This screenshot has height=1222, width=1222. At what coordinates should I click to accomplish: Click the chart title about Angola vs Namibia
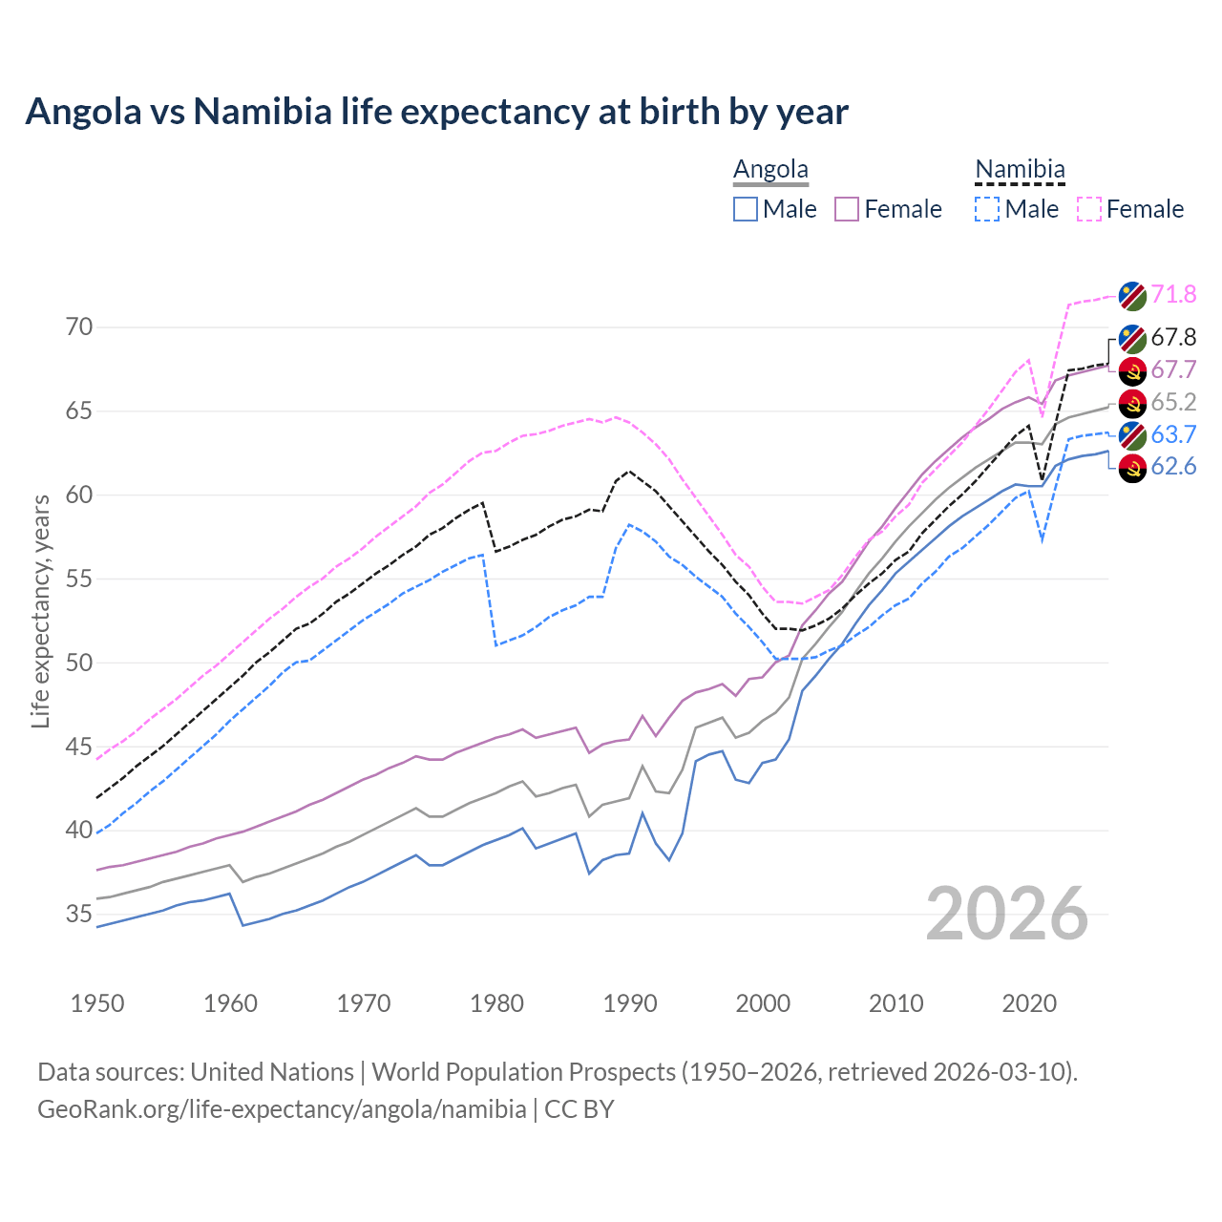[x=436, y=112]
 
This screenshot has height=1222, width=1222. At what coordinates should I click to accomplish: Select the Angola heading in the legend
[x=770, y=169]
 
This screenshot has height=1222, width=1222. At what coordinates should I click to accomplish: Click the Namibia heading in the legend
[x=1020, y=169]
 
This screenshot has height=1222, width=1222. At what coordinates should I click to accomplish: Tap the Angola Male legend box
[x=746, y=209]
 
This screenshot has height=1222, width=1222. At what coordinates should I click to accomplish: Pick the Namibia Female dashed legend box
[x=1089, y=209]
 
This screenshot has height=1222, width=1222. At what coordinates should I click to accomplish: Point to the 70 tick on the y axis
[x=79, y=327]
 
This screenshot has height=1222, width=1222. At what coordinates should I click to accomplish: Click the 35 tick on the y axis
[x=79, y=914]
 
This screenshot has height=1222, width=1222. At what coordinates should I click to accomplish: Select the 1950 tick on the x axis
[x=97, y=1003]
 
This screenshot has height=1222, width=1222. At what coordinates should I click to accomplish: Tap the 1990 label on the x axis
[x=630, y=1003]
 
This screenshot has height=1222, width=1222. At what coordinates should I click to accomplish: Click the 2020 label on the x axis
[x=1029, y=1003]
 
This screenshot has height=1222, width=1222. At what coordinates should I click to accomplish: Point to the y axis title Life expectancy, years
[x=40, y=611]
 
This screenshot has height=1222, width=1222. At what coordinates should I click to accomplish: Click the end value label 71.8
[x=1173, y=294]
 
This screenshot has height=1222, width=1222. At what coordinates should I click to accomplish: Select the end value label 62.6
[x=1173, y=466]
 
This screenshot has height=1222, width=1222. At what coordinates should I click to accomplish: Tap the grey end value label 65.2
[x=1173, y=402]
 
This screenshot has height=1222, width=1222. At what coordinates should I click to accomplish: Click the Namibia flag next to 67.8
[x=1132, y=338]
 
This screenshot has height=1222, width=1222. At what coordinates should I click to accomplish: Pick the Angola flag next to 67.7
[x=1132, y=370]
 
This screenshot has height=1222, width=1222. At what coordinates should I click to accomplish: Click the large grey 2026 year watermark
[x=1007, y=914]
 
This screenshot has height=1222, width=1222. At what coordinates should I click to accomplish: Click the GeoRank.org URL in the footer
[x=282, y=1109]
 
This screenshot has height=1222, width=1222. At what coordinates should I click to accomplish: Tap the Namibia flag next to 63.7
[x=1132, y=434]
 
